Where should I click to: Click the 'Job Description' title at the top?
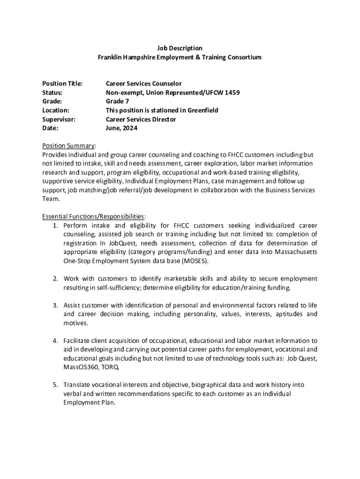pos(179,48)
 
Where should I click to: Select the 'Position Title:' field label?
pos(62,84)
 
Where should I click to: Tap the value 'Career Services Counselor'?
pos(144,84)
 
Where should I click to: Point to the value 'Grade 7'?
pos(117,102)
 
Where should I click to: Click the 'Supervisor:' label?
pos(59,119)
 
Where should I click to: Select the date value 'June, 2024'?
pos(122,128)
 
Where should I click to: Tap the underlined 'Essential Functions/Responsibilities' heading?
pos(93,217)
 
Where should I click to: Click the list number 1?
pos(55,225)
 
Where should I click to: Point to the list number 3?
pos(55,305)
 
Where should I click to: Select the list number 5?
pos(55,385)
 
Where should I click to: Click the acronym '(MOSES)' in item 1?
pos(196,261)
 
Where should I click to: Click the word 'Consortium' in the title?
pos(245,57)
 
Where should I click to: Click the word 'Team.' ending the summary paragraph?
pos(50,199)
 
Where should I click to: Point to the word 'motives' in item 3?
pos(75,323)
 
